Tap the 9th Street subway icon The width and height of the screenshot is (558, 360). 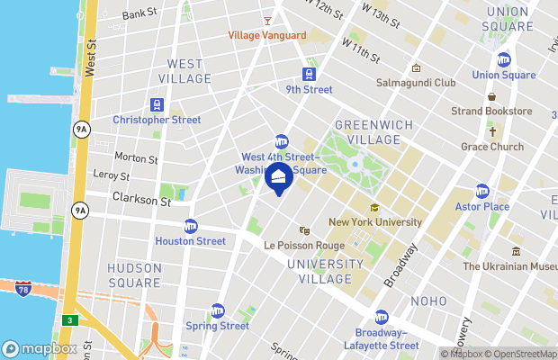(309, 75)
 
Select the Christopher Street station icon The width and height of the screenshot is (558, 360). (157, 104)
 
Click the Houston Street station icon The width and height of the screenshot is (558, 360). (190, 226)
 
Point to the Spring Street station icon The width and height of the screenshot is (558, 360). (217, 310)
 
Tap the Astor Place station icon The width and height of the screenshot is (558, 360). (482, 192)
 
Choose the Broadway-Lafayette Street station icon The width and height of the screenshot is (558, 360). (382, 318)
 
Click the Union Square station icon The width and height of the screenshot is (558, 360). (503, 60)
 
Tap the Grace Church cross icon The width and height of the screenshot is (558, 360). (492, 131)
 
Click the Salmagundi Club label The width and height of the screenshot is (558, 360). (421, 82)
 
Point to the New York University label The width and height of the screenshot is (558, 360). (374, 221)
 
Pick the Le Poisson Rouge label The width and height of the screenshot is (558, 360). (304, 244)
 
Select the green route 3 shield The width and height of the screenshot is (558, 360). (70, 319)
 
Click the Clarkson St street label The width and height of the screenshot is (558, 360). (140, 201)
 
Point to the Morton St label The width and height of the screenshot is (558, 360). (136, 158)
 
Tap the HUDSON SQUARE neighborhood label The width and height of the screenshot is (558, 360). (134, 274)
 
